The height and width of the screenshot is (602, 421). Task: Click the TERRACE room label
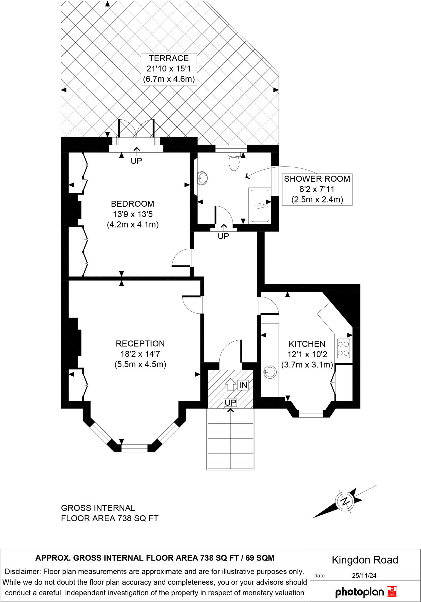pyautogui.click(x=169, y=58)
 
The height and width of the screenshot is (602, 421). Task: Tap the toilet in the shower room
pyautogui.click(x=234, y=163)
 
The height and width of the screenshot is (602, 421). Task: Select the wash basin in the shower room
pyautogui.click(x=203, y=178)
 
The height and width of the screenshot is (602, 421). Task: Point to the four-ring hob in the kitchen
pyautogui.click(x=343, y=348)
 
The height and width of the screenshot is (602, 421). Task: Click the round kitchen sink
pyautogui.click(x=270, y=372)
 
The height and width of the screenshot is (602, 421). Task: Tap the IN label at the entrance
pyautogui.click(x=243, y=385)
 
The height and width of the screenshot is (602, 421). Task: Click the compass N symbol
pyautogui.click(x=344, y=501)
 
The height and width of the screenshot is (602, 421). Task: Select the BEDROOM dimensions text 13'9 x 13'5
pyautogui.click(x=133, y=214)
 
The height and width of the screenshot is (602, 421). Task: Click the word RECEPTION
pyautogui.click(x=140, y=344)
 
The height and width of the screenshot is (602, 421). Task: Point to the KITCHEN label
pyautogui.click(x=307, y=344)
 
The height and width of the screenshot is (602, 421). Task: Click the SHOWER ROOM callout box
pyautogui.click(x=317, y=189)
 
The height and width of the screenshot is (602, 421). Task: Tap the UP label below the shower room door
pyautogui.click(x=223, y=236)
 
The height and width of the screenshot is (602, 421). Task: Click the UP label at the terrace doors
pyautogui.click(x=136, y=161)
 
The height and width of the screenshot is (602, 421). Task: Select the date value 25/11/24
pyautogui.click(x=364, y=576)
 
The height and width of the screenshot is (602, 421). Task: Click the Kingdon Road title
pyautogui.click(x=365, y=560)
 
